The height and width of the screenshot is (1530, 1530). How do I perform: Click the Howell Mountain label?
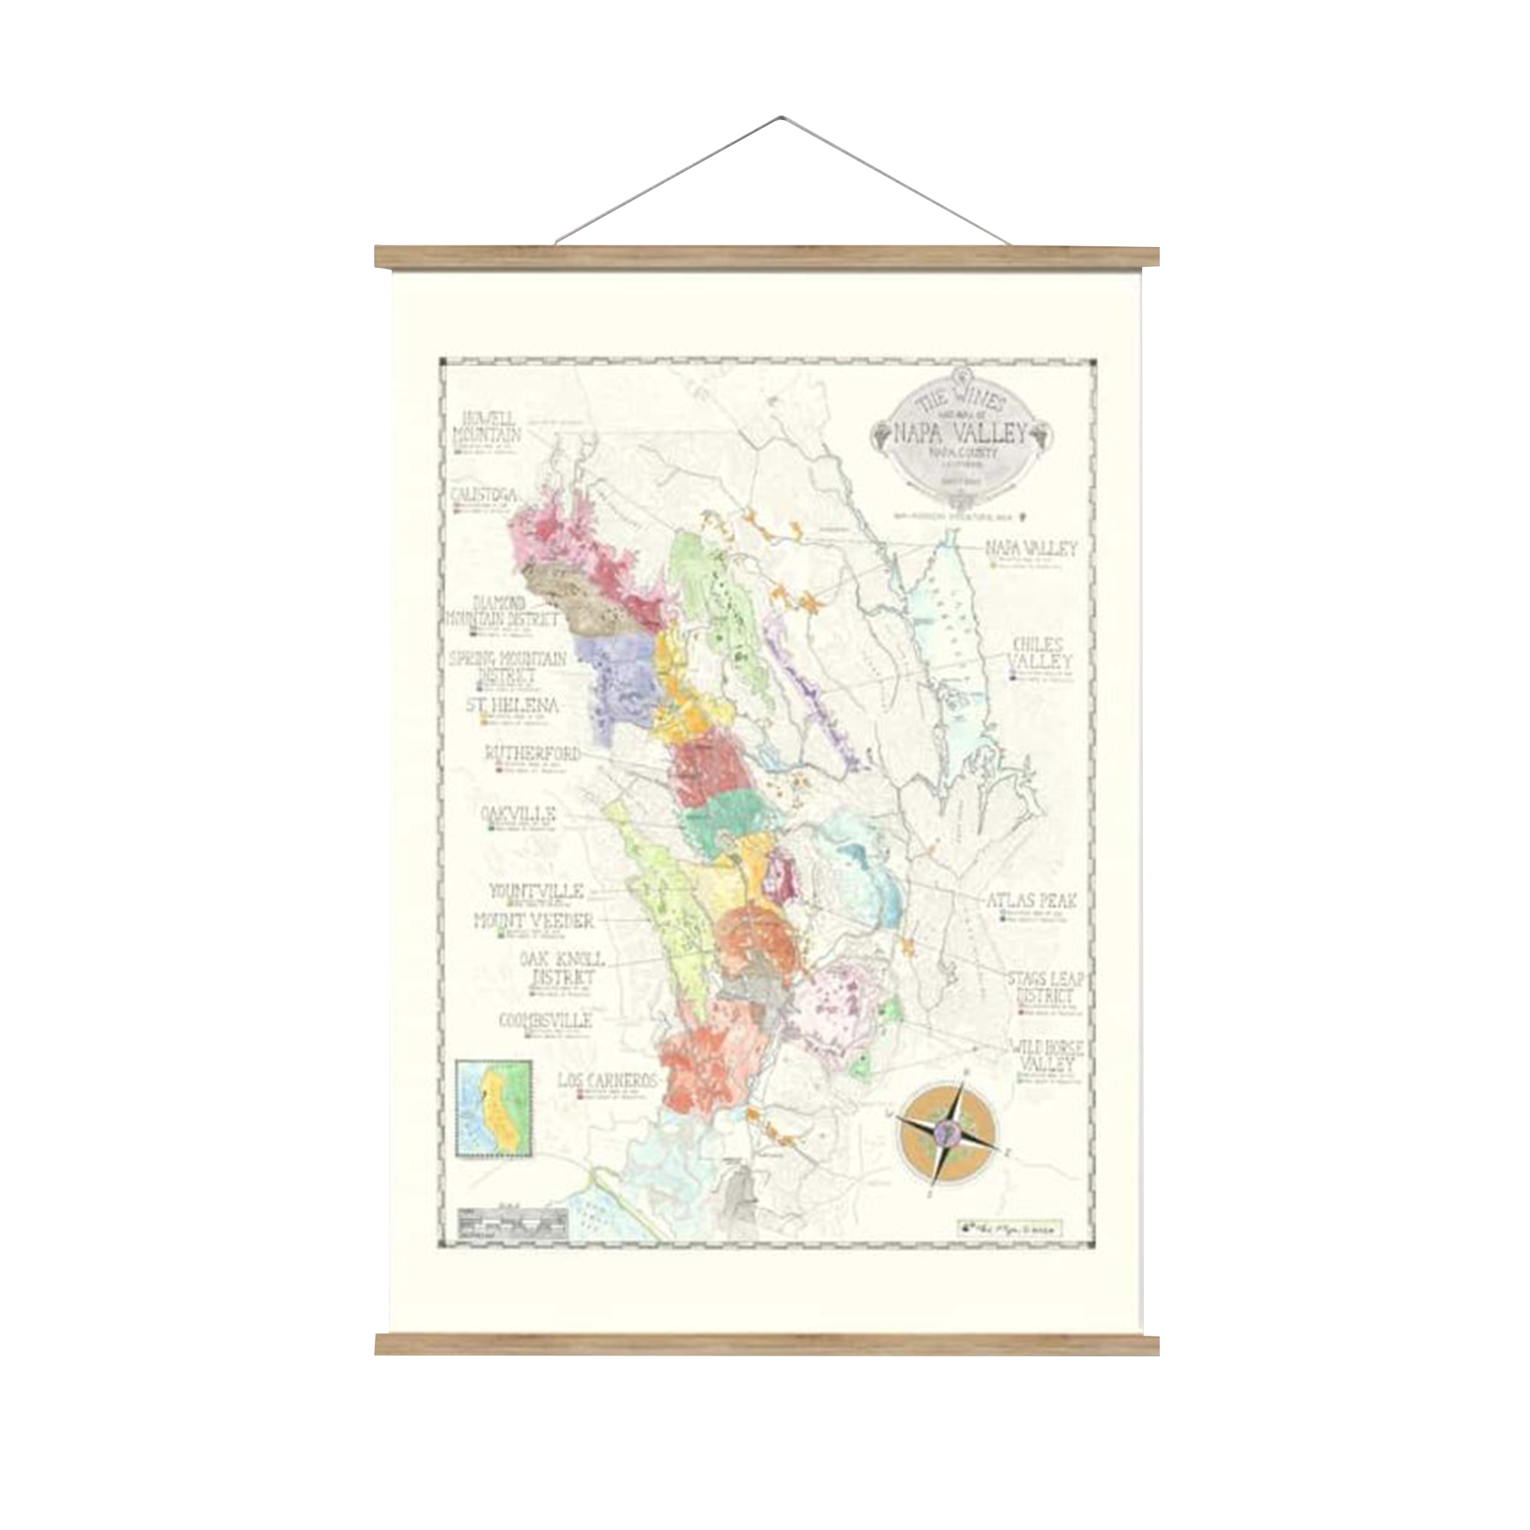[x=487, y=428]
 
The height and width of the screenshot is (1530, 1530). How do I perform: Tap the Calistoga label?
[x=484, y=495]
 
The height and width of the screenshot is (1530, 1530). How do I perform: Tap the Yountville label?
[x=536, y=891]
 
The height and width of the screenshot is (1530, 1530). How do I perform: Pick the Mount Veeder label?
[x=534, y=921]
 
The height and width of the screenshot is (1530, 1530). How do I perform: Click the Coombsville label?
[x=545, y=1021]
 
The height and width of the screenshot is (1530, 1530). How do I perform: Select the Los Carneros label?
[x=608, y=1080]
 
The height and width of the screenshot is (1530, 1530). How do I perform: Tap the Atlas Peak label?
[x=1031, y=900]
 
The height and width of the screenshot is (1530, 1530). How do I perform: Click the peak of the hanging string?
[x=781, y=119]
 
